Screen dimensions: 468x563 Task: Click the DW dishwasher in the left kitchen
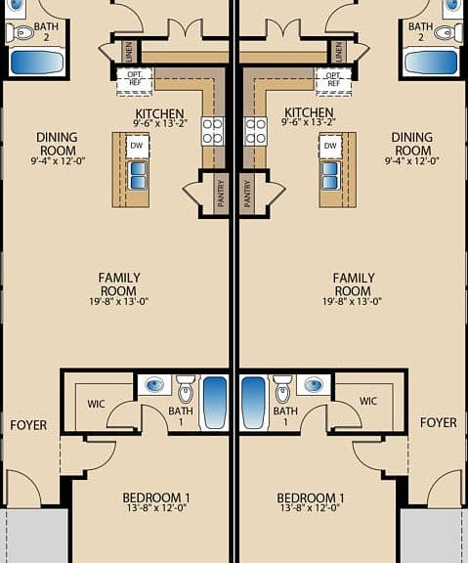click(137, 146)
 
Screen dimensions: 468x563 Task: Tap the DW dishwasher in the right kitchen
click(330, 146)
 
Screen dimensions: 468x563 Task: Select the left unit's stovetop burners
click(212, 131)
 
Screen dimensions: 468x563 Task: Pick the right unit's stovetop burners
click(255, 131)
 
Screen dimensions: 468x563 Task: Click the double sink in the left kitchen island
click(138, 175)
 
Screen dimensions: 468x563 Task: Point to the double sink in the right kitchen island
click(330, 175)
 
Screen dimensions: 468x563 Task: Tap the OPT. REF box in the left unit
click(135, 81)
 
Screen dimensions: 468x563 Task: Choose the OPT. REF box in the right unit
click(333, 81)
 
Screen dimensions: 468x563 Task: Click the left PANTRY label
click(221, 194)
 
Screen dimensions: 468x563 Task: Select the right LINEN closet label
click(338, 52)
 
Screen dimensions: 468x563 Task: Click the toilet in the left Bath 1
click(186, 389)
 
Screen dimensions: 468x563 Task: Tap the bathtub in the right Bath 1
click(253, 402)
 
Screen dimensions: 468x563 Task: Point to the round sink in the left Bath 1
click(155, 385)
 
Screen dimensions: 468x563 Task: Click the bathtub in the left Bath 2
click(37, 62)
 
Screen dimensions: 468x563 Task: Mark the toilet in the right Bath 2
click(447, 33)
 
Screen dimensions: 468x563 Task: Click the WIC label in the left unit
click(96, 404)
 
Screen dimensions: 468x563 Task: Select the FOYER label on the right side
click(439, 423)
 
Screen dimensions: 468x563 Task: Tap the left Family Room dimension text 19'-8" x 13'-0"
click(119, 301)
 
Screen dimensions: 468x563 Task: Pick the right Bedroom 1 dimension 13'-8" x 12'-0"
click(310, 507)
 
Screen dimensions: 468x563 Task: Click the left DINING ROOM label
click(58, 144)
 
